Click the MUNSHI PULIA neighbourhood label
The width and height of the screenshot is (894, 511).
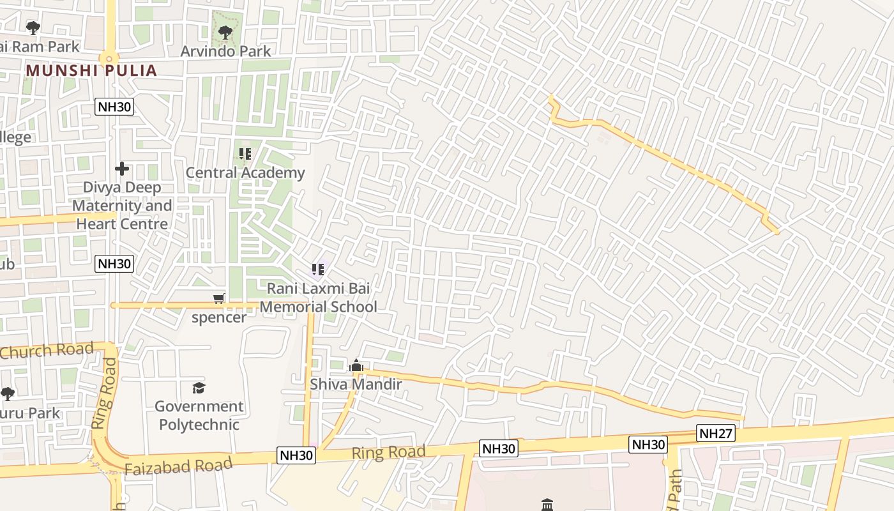91,70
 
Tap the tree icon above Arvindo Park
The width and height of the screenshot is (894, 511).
225,32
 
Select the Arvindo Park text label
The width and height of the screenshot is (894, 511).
225,51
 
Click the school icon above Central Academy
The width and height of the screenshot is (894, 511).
245,154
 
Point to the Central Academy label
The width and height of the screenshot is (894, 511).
245,172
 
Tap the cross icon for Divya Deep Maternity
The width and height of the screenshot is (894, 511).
122,169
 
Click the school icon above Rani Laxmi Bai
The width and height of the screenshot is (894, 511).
318,270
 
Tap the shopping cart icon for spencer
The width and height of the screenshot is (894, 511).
219,298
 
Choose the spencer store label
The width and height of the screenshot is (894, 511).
219,317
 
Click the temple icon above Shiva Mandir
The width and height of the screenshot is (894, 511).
356,366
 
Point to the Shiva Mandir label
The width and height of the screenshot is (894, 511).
356,384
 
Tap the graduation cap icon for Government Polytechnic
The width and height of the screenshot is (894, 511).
199,388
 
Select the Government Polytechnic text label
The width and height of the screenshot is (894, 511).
199,415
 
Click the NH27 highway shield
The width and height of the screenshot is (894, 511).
716,434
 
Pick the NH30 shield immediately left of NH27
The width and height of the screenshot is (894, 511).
648,445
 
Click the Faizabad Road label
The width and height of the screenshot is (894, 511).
178,466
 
